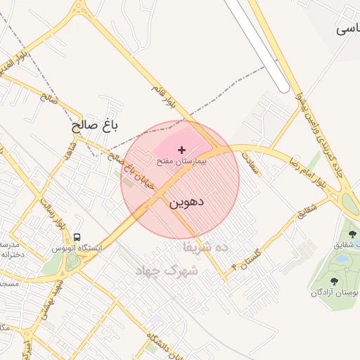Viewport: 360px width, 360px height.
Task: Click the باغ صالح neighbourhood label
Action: [95, 126]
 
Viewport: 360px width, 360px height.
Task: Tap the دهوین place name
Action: [186, 202]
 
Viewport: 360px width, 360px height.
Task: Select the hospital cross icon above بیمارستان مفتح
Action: [182, 150]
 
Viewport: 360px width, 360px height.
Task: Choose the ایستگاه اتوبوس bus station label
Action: [77, 248]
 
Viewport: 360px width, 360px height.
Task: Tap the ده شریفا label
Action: [206, 247]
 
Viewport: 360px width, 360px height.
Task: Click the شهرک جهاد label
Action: [169, 270]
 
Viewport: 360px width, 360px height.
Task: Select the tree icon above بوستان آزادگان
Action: [333, 281]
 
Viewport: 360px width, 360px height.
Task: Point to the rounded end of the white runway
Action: [281, 87]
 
